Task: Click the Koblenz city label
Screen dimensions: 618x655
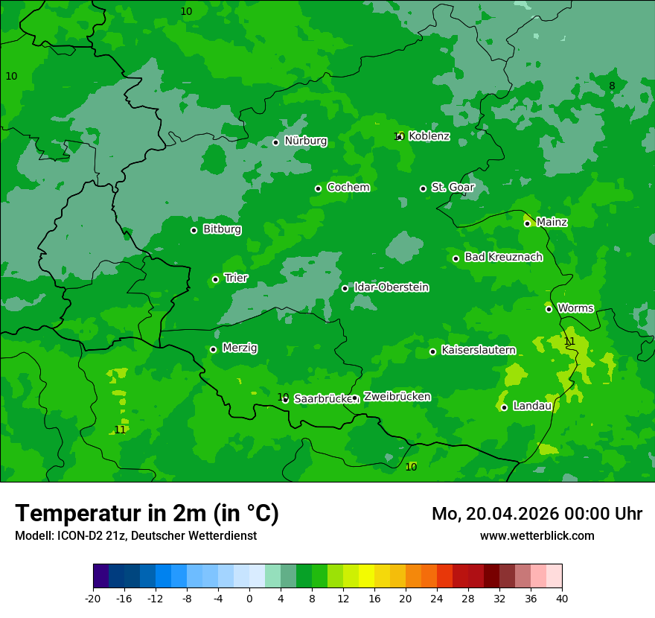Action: [x=429, y=136]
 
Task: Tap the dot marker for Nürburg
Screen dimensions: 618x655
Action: [x=275, y=142]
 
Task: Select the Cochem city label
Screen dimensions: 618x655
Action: [x=348, y=188]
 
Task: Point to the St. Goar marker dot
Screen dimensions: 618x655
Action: [x=423, y=188]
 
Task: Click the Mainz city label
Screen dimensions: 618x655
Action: [x=552, y=223]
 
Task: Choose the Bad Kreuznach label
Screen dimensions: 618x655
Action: [x=503, y=258]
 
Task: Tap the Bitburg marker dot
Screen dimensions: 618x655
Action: [x=194, y=230]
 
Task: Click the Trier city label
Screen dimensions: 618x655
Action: [x=236, y=278]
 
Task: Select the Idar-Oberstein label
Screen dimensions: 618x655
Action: [x=391, y=287]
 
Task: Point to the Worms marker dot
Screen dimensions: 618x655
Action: [x=549, y=309]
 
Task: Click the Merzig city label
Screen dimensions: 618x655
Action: [x=240, y=348]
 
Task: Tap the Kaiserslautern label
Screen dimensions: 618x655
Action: [x=478, y=350]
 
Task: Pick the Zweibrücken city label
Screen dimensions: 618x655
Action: [x=397, y=397]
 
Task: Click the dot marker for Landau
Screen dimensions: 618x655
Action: [x=504, y=407]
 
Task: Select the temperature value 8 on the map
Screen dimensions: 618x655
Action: [x=612, y=86]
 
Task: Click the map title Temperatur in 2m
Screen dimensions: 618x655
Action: [x=147, y=513]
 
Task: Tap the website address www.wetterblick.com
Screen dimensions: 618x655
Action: [x=537, y=535]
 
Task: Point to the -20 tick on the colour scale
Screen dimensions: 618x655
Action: [x=93, y=598]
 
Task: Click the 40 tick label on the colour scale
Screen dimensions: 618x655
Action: [x=561, y=598]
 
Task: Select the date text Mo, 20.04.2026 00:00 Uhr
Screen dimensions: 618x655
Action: [x=537, y=514]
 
